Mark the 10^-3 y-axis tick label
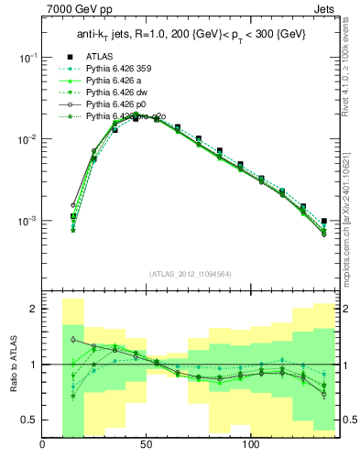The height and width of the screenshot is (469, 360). [x=27, y=222]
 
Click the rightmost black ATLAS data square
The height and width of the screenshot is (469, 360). [x=324, y=221]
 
